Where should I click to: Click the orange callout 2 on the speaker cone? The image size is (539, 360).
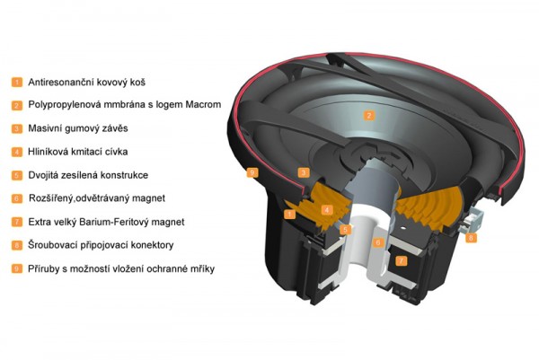point(369,116)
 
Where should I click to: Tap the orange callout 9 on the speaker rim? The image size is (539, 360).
point(252,172)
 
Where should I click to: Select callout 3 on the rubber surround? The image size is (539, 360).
point(304,172)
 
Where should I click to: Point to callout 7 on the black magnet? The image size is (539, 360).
point(401,260)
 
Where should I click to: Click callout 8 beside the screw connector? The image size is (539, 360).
point(471,237)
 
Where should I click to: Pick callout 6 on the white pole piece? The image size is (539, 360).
point(378,242)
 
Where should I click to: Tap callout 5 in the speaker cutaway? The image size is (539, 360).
point(346,230)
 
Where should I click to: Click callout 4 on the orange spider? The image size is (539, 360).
point(327,210)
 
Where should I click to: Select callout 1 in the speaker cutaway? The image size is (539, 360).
point(290,215)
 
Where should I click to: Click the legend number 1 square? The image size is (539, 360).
point(16,83)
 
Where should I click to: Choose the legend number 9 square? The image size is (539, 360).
point(16,268)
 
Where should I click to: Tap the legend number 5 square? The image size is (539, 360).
point(16,176)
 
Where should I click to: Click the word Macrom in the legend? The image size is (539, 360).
point(203,104)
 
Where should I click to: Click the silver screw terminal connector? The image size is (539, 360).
point(474,220)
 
